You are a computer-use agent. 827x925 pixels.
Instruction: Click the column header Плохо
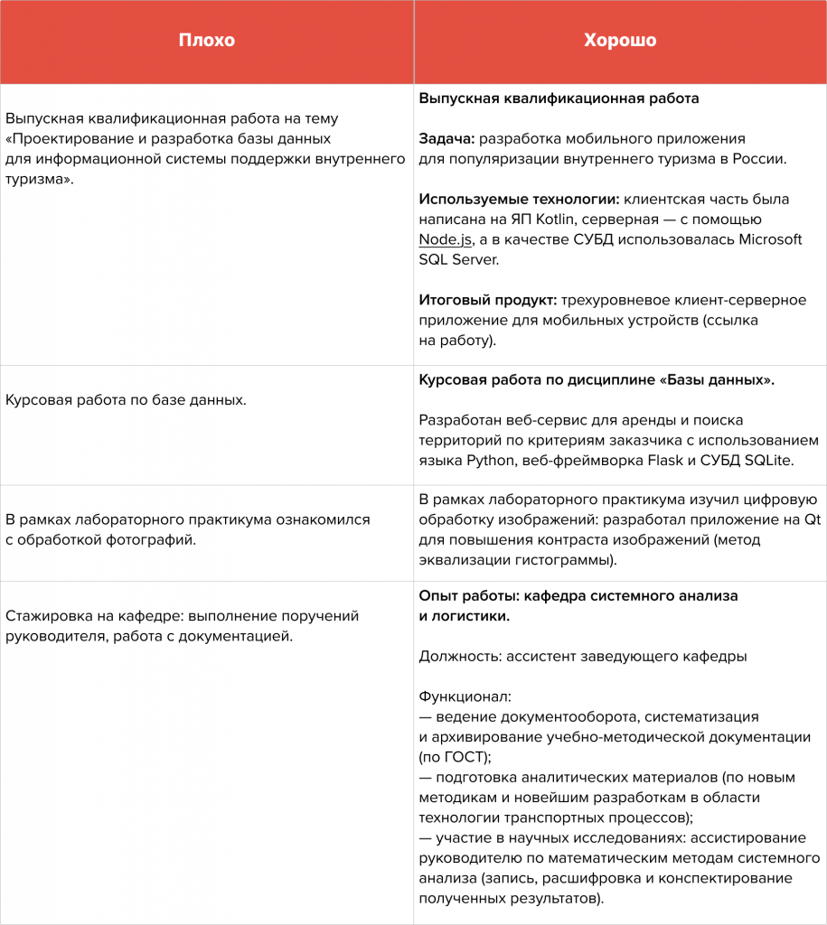coord(206,41)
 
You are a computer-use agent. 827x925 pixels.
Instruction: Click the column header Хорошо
coord(620,41)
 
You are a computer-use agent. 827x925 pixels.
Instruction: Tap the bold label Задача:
coord(446,139)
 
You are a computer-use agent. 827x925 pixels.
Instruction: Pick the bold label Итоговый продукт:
coord(488,300)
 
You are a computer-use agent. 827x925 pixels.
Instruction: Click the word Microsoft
coord(771,239)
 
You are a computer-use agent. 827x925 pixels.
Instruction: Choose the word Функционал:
coord(465,697)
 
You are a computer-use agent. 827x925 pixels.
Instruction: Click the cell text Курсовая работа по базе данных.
coord(126,398)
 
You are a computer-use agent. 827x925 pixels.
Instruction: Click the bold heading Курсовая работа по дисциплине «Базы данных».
coord(597,380)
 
